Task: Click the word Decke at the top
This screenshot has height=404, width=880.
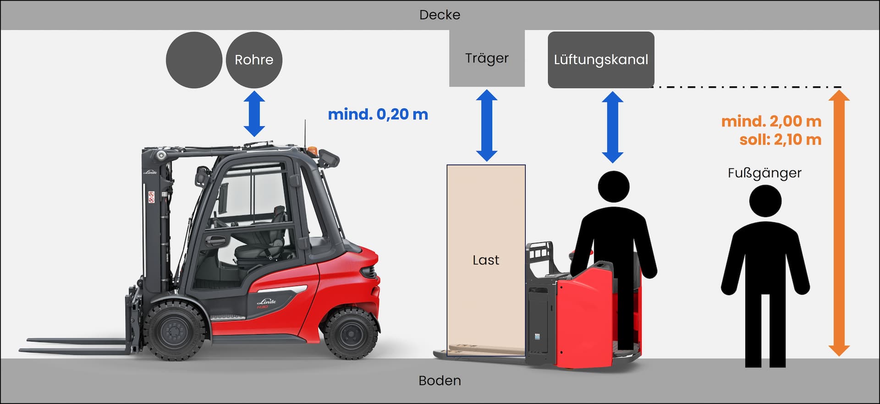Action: tap(440, 15)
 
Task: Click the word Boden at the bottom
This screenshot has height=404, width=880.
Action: tap(440, 381)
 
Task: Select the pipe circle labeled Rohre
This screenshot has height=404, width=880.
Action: tap(254, 60)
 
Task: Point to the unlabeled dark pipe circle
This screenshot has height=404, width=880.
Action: tap(194, 60)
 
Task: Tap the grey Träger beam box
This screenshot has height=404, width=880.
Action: tap(487, 58)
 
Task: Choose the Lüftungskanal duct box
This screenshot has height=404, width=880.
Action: tap(601, 60)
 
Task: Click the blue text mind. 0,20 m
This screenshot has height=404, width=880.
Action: tap(378, 114)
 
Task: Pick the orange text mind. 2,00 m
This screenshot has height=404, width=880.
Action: tap(771, 121)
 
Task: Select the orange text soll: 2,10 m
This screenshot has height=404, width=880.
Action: tap(780, 140)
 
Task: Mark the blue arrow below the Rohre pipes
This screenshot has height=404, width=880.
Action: tap(254, 113)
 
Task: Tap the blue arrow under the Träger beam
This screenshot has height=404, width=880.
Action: tap(487, 125)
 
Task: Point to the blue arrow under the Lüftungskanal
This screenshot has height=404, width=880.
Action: tap(612, 127)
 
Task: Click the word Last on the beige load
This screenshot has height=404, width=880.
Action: tap(486, 260)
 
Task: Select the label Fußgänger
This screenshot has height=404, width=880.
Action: tap(764, 173)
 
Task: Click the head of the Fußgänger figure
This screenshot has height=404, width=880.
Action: tap(765, 201)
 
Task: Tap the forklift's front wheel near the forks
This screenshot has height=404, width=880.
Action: tap(174, 330)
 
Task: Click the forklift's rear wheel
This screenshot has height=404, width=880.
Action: tap(351, 332)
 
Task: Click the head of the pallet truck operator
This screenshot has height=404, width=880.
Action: tap(614, 186)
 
